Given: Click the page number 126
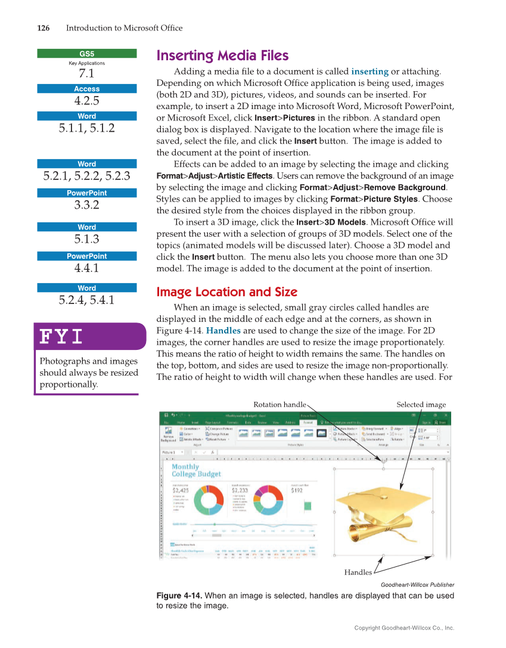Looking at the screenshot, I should tap(43, 28).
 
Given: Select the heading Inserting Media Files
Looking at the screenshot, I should tap(222, 56).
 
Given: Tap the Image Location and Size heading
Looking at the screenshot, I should tap(226, 292).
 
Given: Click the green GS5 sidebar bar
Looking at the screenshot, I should tap(87, 53).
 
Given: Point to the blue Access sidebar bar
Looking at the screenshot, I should tap(87, 89).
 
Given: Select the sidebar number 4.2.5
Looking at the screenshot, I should tap(87, 100).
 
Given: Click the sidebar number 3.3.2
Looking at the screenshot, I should tap(87, 204).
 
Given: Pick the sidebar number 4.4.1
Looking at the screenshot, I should tap(87, 268).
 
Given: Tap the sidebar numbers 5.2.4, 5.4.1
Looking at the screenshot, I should tap(87, 300).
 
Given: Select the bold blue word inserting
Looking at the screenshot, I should tap(370, 72).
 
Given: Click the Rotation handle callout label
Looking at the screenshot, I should tap(280, 405).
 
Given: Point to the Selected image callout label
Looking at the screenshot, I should tap(421, 405).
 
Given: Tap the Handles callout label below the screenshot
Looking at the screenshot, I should tap(358, 572).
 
